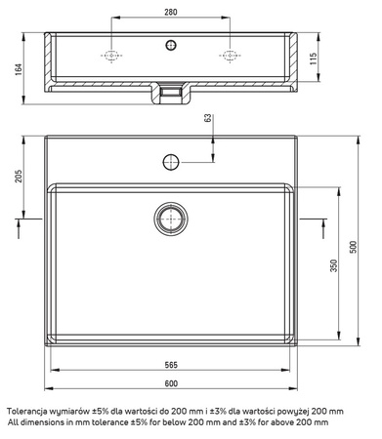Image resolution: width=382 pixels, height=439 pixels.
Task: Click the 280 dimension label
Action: [171, 12]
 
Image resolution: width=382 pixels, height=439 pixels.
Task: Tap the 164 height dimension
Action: [19, 69]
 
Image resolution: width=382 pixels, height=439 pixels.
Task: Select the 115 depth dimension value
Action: [313, 59]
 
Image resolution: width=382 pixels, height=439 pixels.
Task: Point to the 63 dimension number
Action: [208, 118]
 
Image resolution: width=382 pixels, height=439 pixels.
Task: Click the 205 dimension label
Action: [19, 176]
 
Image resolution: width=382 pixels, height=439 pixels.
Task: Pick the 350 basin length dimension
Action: [334, 265]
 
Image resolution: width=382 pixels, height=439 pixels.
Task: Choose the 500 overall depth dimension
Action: [353, 247]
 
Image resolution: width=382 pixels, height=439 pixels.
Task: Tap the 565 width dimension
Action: [171, 365]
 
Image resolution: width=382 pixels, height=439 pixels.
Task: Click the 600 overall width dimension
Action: [171, 383]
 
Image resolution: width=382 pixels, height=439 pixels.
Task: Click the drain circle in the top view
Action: [171, 219]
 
